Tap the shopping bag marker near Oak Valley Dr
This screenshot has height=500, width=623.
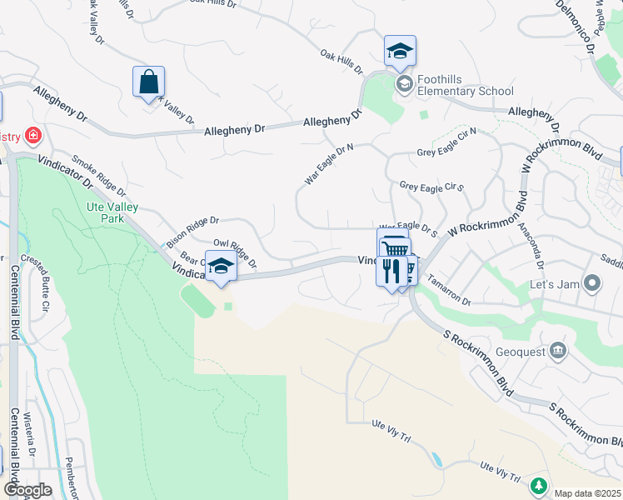148,83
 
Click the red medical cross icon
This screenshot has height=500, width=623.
32,135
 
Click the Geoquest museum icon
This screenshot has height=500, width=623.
558,350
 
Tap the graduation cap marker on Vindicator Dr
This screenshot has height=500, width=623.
221,267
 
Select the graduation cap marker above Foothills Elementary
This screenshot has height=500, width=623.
400,51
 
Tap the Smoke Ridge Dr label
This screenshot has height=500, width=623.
98,175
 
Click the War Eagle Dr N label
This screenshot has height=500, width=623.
329,164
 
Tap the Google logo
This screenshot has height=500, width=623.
27,489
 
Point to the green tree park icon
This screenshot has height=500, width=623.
538,485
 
